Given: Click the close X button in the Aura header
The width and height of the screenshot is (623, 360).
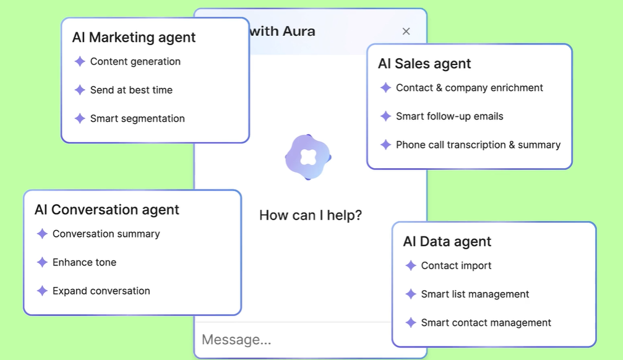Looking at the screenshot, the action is [x=406, y=32].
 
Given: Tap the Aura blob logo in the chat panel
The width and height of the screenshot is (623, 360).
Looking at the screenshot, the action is [x=308, y=157].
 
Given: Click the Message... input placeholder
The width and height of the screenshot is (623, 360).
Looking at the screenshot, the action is [x=236, y=340].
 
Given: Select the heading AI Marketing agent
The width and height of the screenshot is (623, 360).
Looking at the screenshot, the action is [x=134, y=37].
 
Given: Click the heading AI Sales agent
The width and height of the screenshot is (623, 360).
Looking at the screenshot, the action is [x=424, y=64].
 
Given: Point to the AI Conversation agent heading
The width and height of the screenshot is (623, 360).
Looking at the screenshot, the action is [x=107, y=210].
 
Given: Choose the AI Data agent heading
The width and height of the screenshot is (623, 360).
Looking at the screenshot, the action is [x=447, y=242].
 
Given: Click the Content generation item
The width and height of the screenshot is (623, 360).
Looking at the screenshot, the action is [x=135, y=62].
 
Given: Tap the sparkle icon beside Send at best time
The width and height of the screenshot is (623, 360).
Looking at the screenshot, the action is [x=80, y=90].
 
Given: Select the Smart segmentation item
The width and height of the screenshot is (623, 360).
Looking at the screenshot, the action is [x=137, y=118].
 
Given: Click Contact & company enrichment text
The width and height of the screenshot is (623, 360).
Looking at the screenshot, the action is [x=469, y=88].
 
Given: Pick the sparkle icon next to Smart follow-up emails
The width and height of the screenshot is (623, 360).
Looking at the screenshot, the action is [x=386, y=116].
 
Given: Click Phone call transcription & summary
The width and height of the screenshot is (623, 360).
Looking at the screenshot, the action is [x=478, y=145].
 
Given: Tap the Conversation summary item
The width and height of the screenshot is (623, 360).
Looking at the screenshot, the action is [x=106, y=234].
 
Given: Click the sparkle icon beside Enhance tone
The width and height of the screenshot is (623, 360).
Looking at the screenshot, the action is [x=42, y=262].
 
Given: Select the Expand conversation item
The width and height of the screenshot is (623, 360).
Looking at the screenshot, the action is [x=101, y=291].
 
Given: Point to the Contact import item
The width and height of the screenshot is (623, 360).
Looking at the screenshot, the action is [x=456, y=266].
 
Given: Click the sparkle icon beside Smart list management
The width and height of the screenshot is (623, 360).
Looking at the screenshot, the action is [x=411, y=294].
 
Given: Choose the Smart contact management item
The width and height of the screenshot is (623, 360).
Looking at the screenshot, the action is [x=486, y=323].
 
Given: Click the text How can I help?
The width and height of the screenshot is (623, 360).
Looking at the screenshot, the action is [x=311, y=215].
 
